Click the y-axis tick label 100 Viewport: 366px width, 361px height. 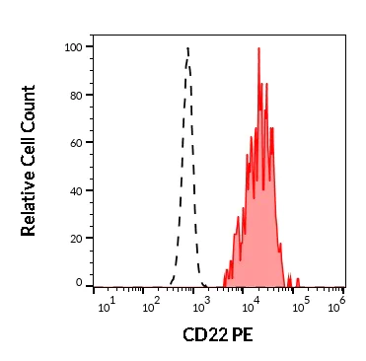(72, 46)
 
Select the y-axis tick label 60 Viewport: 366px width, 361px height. (75, 142)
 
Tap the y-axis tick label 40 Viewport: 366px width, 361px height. (75, 189)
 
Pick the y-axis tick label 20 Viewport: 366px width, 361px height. (75, 237)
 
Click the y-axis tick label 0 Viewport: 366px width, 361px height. (79, 283)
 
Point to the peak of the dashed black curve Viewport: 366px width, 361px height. (187, 46)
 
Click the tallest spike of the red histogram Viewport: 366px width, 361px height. (257, 47)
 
